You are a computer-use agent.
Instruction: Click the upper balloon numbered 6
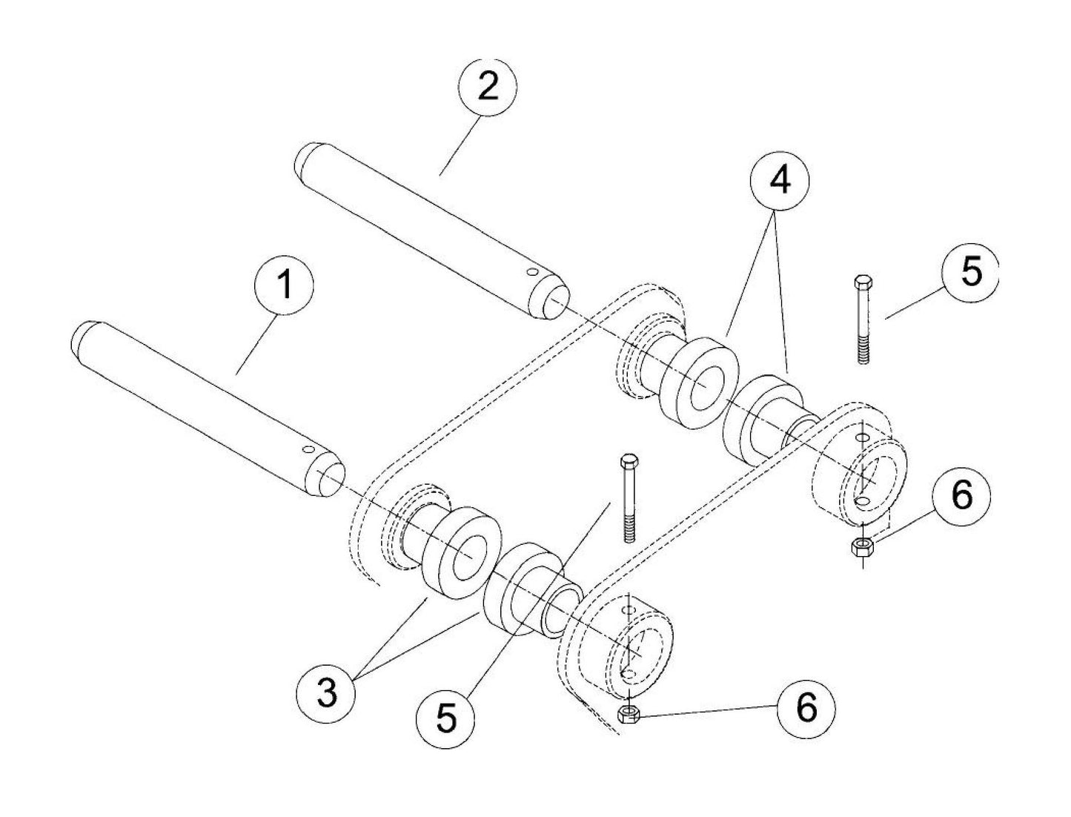(x=961, y=496)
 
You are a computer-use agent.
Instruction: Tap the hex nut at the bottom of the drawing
(x=629, y=713)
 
